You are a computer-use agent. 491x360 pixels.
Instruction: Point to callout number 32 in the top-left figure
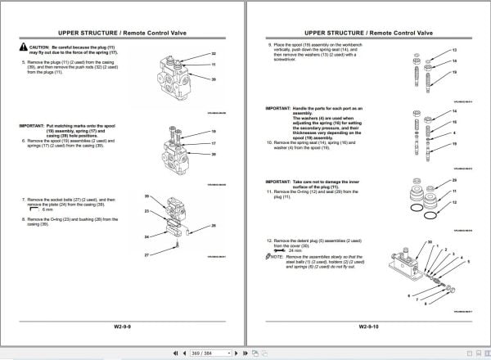(x=214, y=53)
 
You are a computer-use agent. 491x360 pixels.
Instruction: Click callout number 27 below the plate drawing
(x=147, y=256)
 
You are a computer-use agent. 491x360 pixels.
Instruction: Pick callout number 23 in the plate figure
(x=147, y=211)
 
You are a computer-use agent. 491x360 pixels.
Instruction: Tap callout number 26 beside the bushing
(x=214, y=225)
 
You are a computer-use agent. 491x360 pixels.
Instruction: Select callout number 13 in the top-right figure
(x=454, y=50)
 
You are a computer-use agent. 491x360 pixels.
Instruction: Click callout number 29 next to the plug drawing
(x=454, y=179)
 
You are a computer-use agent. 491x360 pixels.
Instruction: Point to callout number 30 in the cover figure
(x=430, y=243)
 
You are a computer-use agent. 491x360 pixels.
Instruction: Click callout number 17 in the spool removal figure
(x=214, y=143)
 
